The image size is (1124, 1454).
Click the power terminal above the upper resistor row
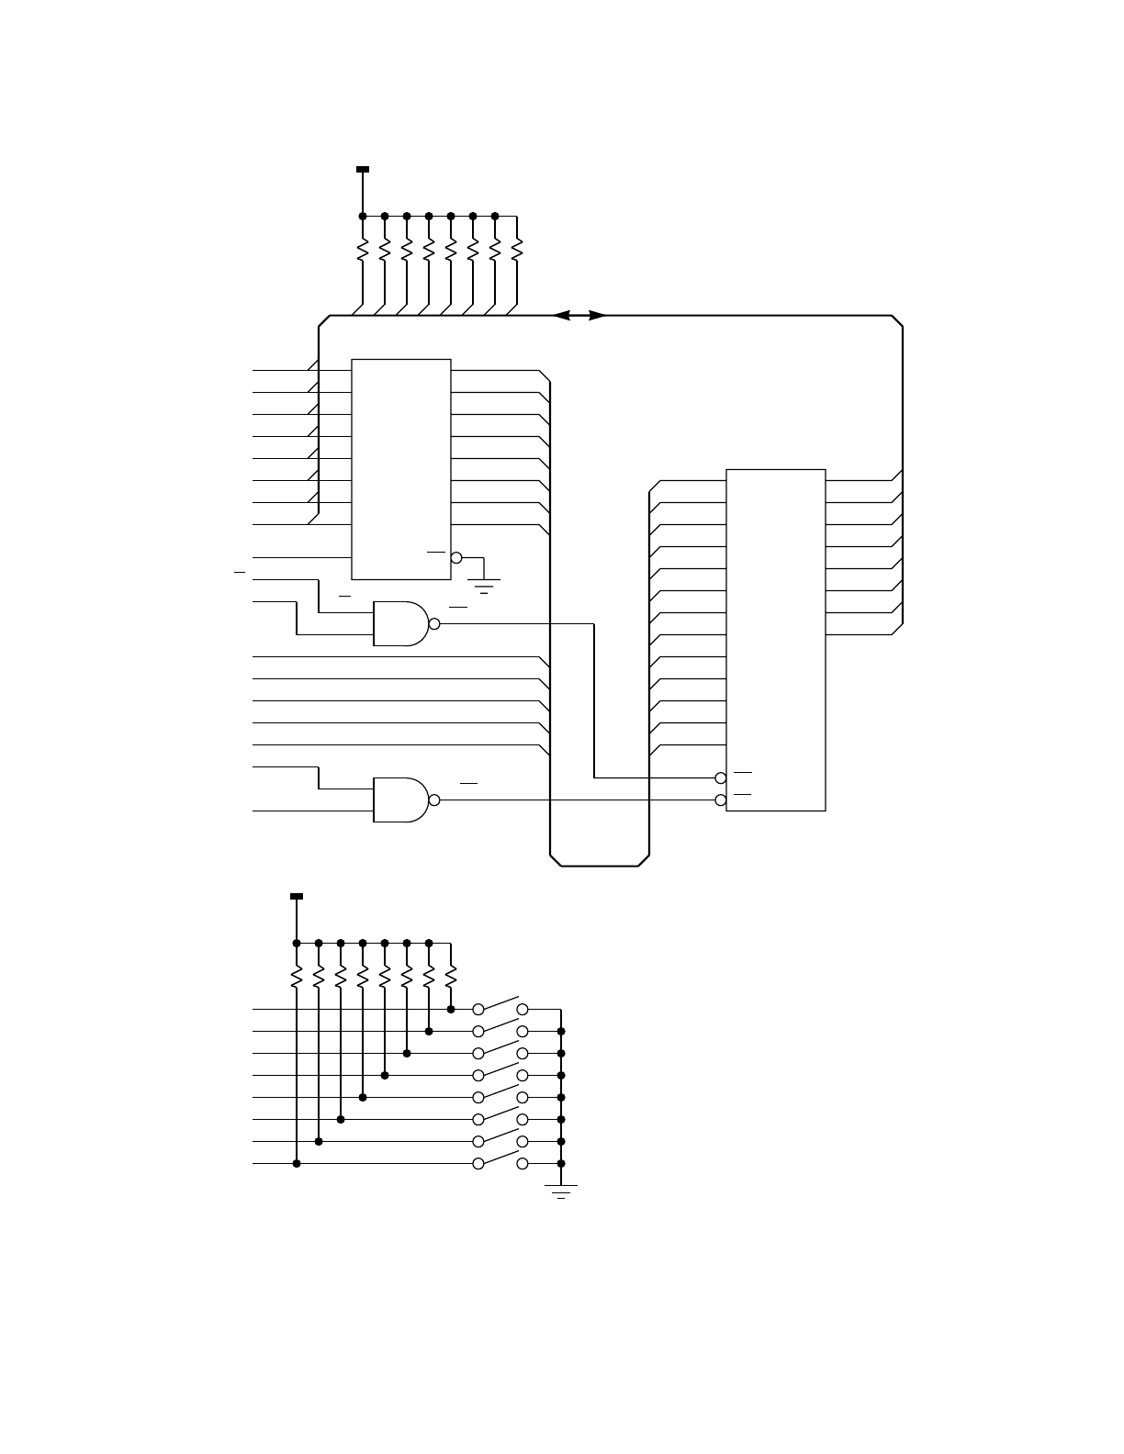363,170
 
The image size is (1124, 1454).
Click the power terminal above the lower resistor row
297,896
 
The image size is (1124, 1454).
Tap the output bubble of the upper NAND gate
434,624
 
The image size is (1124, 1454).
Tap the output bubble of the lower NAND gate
434,800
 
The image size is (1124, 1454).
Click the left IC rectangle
401,469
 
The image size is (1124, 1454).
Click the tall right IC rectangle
776,640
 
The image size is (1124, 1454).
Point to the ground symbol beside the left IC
484,585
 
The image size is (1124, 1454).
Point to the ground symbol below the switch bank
561,1191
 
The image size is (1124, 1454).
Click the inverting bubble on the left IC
456,558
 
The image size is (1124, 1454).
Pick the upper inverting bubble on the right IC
721,778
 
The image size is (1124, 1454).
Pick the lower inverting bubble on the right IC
721,800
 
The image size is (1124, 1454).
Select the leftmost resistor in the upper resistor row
363,249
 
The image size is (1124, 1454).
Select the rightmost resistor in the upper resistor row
517,249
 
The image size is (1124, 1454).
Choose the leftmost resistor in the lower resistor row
297,976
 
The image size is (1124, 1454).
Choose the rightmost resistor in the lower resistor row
451,976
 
